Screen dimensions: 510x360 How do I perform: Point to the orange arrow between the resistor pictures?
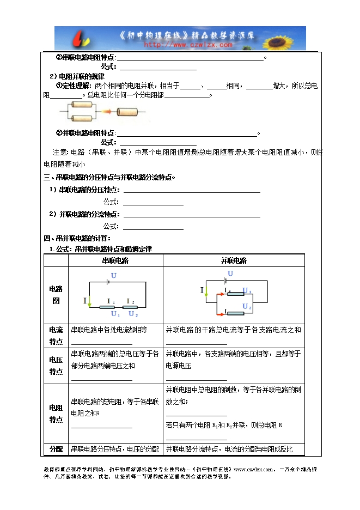[107, 112]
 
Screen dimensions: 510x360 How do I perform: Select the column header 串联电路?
[115, 260]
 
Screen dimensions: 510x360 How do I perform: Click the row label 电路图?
[55, 294]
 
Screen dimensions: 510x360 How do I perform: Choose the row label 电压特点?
[56, 365]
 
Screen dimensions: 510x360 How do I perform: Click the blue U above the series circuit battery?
[114, 276]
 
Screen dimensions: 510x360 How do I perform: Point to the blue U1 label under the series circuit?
[115, 314]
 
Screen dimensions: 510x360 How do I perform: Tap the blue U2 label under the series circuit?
[132, 314]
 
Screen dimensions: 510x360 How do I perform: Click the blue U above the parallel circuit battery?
[230, 274]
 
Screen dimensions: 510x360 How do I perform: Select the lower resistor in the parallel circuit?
[236, 313]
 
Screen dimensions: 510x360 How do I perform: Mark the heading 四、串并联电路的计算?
[77, 238]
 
